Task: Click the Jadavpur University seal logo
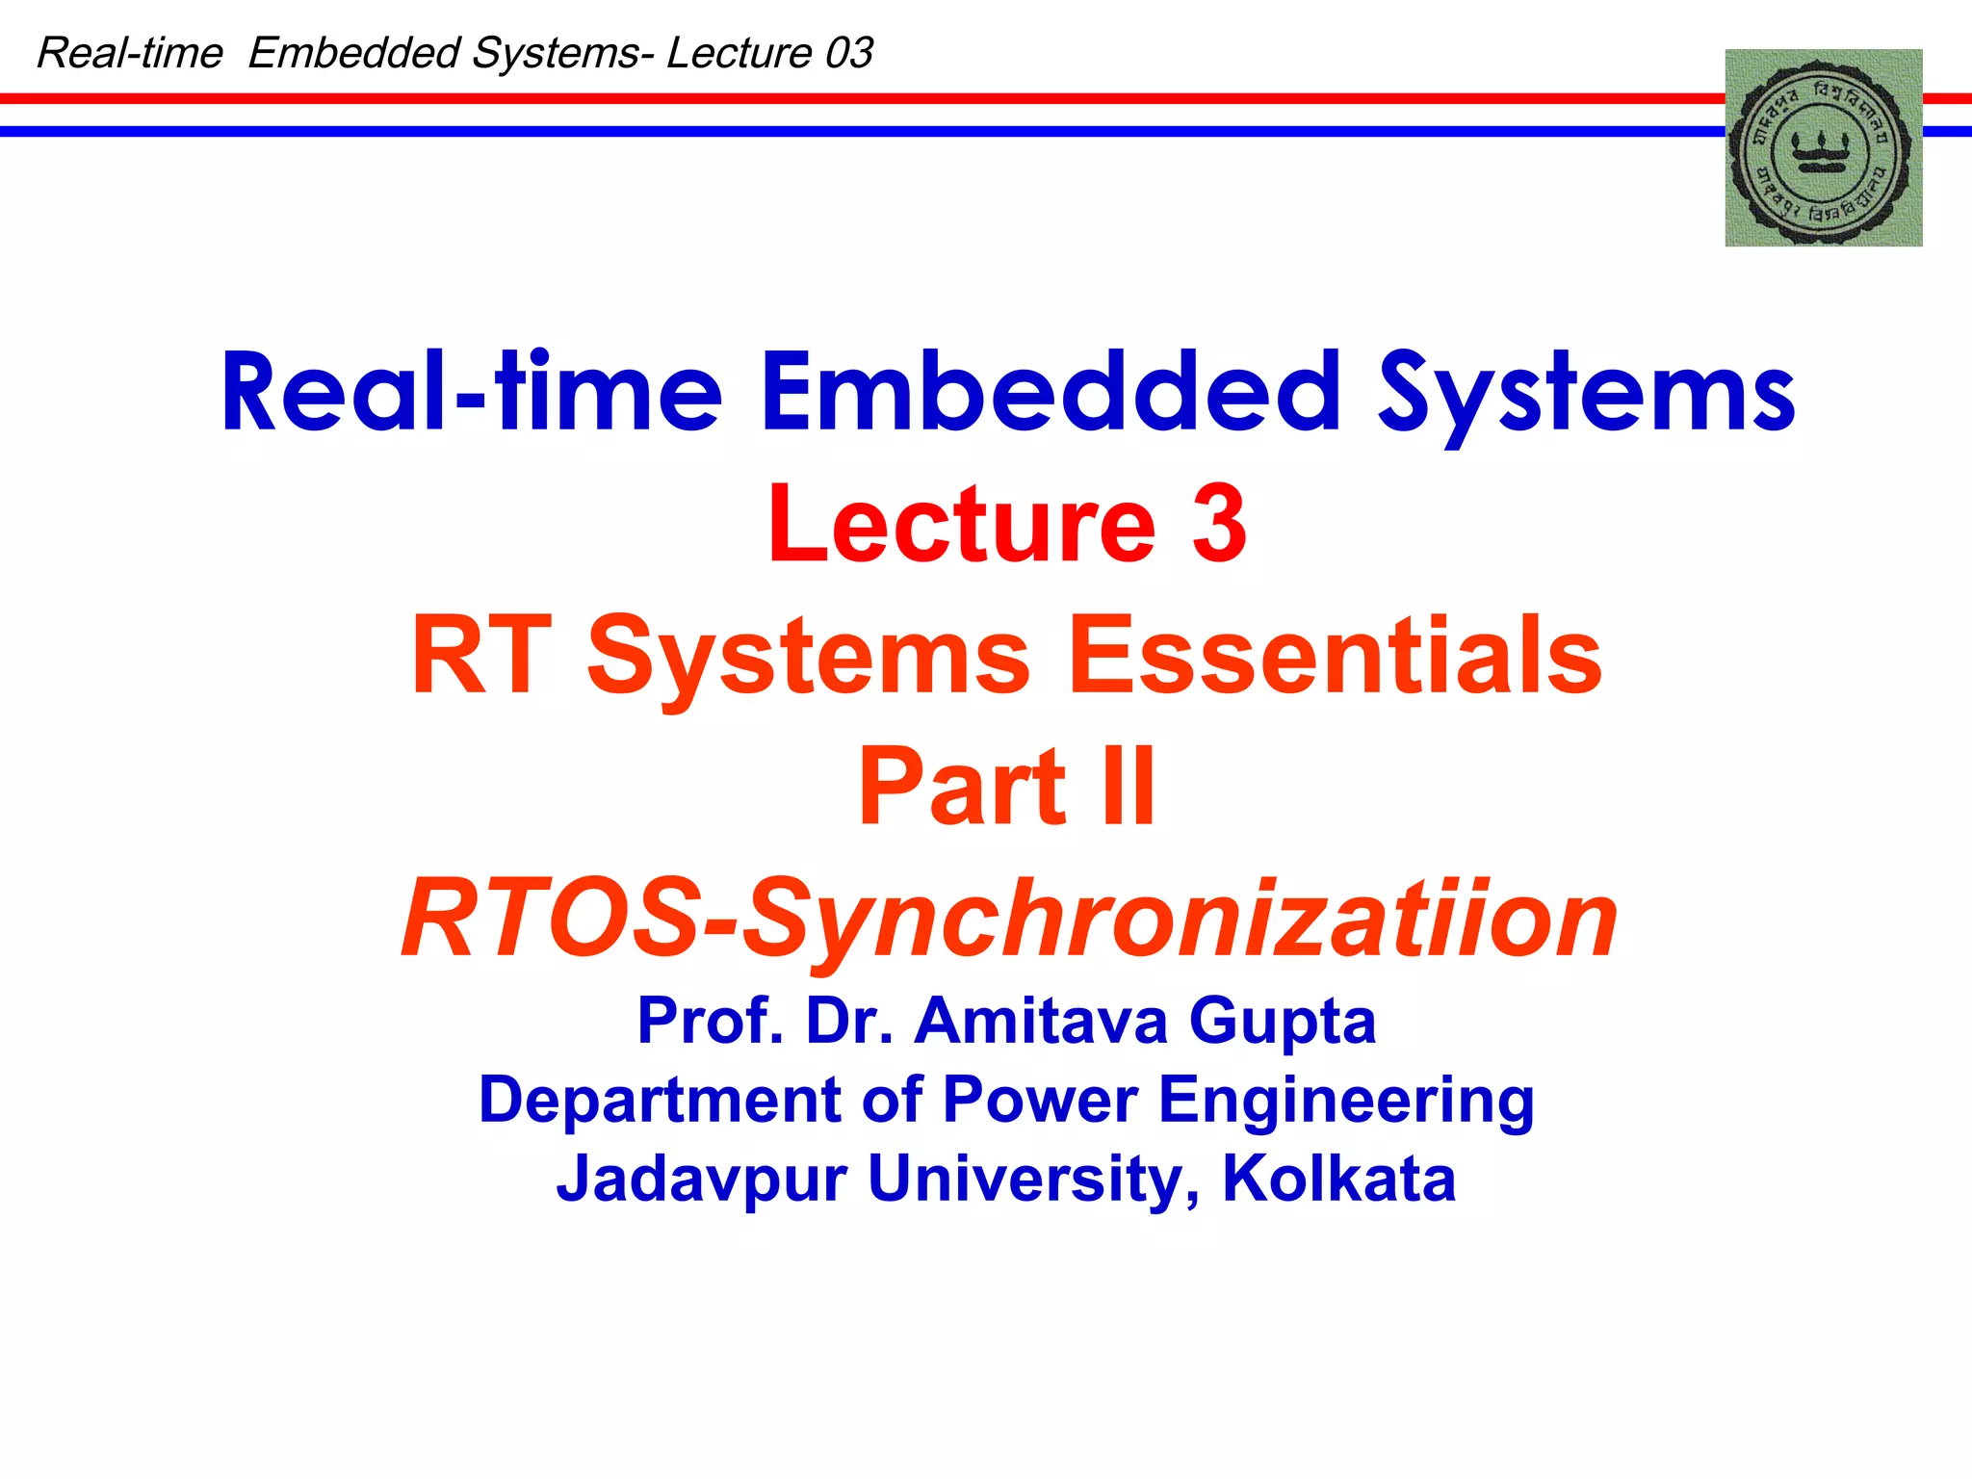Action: point(1823,147)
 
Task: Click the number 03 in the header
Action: point(848,53)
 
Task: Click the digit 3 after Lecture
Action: point(1219,523)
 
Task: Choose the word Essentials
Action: point(1336,655)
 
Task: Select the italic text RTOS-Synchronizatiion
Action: point(1008,920)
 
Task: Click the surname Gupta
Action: point(1283,1021)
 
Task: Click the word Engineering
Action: point(1346,1102)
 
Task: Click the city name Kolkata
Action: point(1338,1179)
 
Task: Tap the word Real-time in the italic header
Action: point(130,53)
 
